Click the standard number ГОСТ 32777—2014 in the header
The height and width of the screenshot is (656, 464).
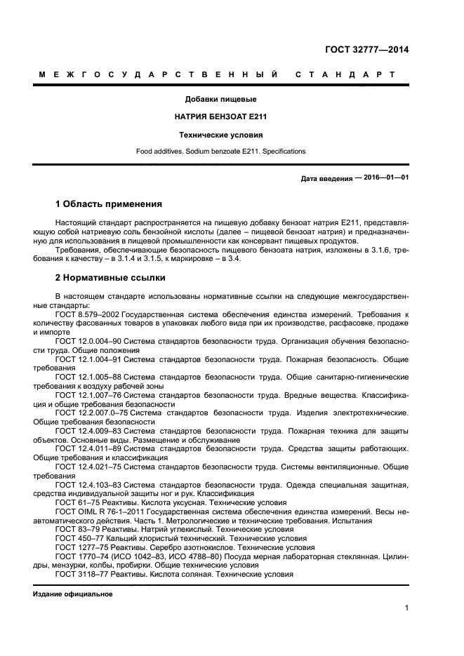click(366, 49)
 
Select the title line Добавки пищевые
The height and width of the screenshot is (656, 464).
click(220, 99)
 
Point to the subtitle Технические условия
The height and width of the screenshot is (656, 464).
click(220, 134)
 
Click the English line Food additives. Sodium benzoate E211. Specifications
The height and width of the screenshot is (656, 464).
click(220, 151)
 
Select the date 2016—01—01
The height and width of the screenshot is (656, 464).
click(386, 178)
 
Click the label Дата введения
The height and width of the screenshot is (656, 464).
click(326, 178)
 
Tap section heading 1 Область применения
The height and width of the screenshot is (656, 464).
click(108, 204)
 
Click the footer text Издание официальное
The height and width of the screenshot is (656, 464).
click(73, 594)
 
